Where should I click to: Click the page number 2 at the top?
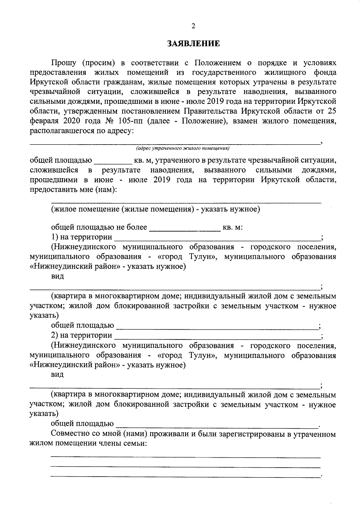coord(193,26)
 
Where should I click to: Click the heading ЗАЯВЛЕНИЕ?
coord(193,44)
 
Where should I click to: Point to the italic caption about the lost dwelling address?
coord(182,148)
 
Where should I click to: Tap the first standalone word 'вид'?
coord(58,277)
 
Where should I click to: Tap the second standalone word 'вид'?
coord(58,375)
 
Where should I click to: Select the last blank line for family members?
coord(185,476)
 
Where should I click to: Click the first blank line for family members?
coord(185,457)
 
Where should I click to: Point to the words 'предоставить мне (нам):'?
coord(74,190)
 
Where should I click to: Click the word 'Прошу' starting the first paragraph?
coord(64,63)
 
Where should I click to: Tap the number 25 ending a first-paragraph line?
coord(332,112)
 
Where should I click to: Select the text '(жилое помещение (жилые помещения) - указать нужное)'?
coord(155,209)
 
